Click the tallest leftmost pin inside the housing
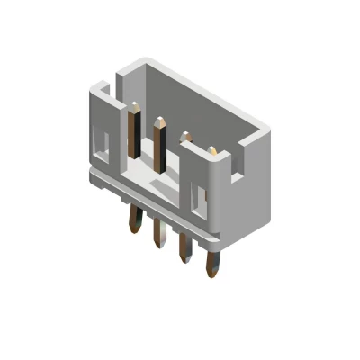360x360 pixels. [134, 130]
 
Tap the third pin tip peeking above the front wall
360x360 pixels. [186, 138]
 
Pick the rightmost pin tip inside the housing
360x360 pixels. [212, 150]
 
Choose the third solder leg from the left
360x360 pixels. [185, 248]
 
